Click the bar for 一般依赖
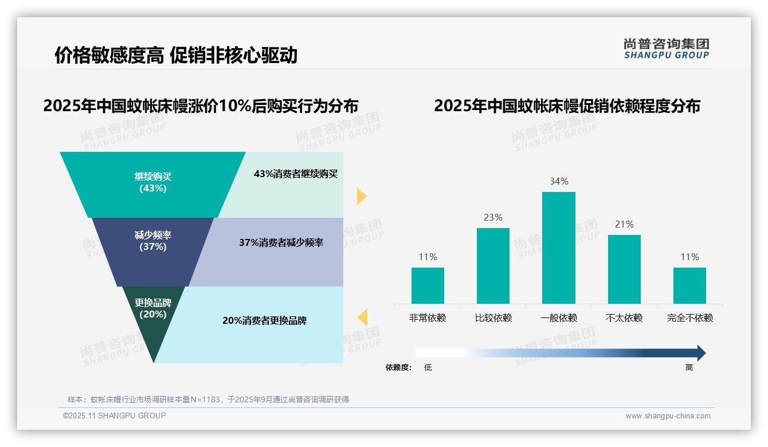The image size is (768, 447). point(558,248)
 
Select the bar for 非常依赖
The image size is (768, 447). point(428,285)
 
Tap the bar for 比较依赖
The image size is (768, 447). point(493,266)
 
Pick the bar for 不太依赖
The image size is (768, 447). point(624,269)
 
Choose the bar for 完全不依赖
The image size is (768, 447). point(689,285)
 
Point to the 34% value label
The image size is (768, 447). point(559,182)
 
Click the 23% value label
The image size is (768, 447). point(493,218)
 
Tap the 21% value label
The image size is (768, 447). point(624,225)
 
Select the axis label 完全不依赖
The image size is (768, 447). point(689,318)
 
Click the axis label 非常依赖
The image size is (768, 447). point(428,318)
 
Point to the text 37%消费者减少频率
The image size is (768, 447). point(281,243)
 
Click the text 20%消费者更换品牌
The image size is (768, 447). point(264,321)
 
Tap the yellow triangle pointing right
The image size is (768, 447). point(361,196)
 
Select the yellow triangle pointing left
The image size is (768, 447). point(362,317)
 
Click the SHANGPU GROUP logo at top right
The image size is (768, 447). point(666,49)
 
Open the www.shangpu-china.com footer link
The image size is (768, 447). point(668,416)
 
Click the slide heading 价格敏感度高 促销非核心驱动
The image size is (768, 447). point(176,55)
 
